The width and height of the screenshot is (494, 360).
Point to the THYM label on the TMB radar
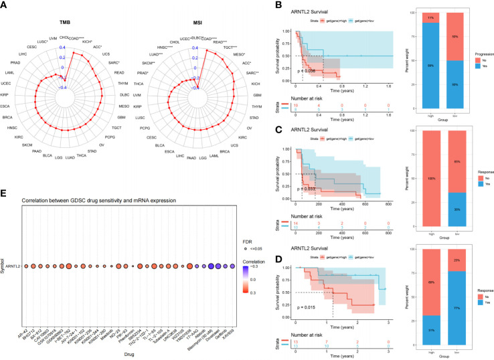(122, 82)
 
